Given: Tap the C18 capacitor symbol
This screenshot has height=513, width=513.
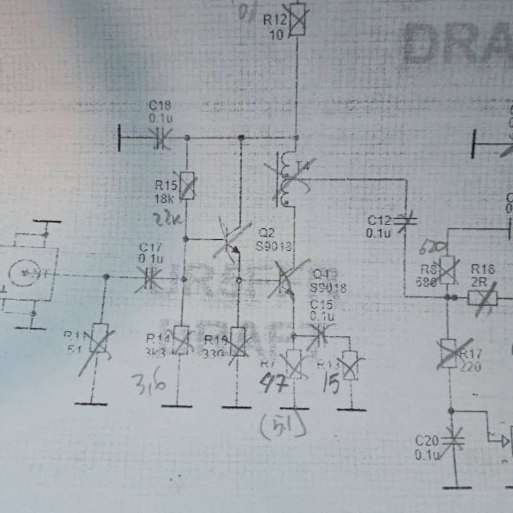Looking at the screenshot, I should tap(159, 138).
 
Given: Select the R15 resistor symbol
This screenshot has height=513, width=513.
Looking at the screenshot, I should tap(187, 185).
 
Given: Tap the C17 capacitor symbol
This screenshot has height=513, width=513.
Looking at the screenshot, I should tap(150, 277).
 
